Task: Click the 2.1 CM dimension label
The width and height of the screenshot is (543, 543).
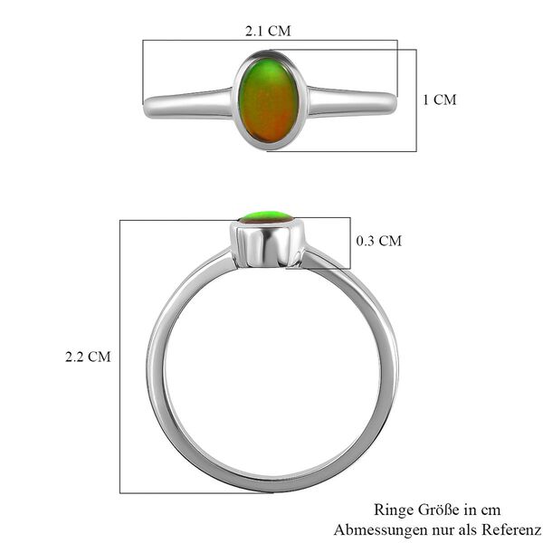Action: tap(268, 31)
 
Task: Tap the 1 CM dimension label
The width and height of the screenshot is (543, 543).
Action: tap(440, 100)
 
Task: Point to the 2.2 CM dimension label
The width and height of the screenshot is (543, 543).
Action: tap(88, 357)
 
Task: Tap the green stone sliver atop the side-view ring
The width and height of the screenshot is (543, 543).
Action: tap(267, 216)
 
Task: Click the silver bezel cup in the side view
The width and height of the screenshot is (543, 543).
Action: tap(267, 243)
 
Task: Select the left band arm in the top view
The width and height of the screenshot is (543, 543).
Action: tap(188, 102)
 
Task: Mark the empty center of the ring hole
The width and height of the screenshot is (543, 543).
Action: tap(271, 371)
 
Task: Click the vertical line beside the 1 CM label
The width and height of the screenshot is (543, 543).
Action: tap(416, 100)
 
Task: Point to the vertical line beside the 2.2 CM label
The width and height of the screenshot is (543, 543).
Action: tap(120, 357)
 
